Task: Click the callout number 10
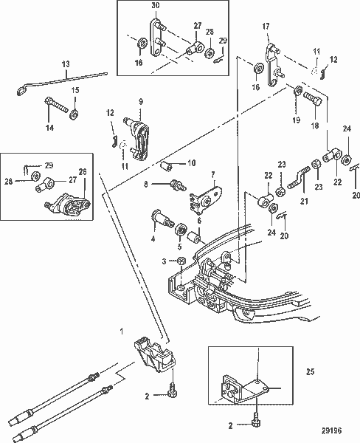click(x=191, y=162)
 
